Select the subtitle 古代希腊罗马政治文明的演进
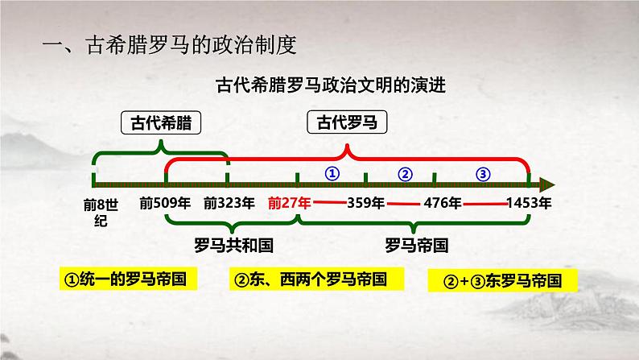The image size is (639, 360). click(319, 84)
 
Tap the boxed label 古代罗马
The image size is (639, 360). click(347, 123)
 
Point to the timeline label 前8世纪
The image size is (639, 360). click(95, 211)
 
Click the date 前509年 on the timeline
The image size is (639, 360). click(163, 203)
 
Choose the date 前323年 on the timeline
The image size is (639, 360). click(229, 203)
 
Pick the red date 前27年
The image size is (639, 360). click(291, 203)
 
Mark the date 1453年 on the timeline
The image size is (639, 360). click(529, 203)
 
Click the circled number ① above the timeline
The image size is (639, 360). click(332, 173)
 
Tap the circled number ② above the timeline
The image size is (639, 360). click(406, 173)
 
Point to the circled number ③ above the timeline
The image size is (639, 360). click(482, 173)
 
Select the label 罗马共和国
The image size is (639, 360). click(229, 244)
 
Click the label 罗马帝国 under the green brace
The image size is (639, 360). click(416, 244)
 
